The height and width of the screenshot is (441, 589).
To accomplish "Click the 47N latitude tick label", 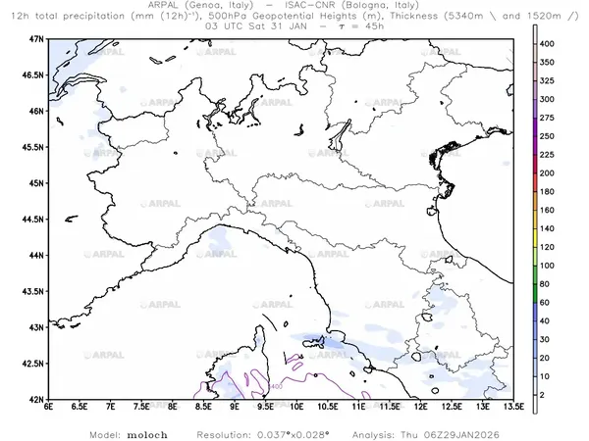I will tap(38, 38).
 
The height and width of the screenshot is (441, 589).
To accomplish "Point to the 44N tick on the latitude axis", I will tap(38, 255).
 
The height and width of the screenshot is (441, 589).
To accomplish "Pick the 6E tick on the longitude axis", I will tap(48, 408).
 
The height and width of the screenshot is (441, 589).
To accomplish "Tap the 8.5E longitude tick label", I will tap(203, 408).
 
